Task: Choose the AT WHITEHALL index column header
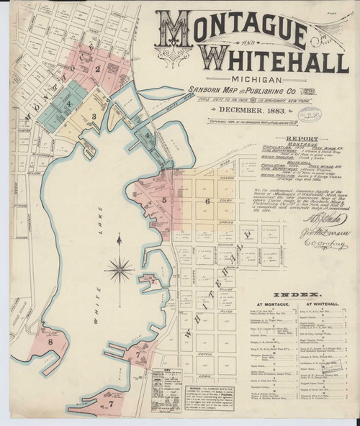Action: [x=311, y=286]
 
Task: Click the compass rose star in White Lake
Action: [x=119, y=271]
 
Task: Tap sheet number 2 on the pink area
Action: [x=96, y=69]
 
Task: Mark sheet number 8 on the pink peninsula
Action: [x=51, y=343]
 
